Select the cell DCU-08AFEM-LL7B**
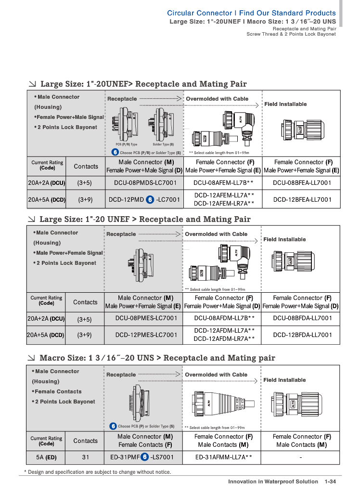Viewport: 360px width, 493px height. [x=223, y=182]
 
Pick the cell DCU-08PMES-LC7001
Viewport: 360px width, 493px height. [x=146, y=318]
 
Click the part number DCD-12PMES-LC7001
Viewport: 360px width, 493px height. [x=146, y=335]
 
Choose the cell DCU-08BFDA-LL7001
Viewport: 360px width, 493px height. [x=302, y=318]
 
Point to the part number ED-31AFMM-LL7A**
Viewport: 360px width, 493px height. [x=223, y=457]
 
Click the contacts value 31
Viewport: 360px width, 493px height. [x=86, y=457]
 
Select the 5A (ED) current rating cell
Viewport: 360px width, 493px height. [x=46, y=457]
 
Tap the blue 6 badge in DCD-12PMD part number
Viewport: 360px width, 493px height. [x=150, y=199]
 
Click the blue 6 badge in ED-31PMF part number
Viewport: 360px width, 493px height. [x=144, y=457]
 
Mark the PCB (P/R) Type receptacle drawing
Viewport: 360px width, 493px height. [x=125, y=125]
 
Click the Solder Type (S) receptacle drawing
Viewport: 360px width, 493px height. [x=162, y=125]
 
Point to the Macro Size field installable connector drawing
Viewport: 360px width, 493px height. [x=296, y=404]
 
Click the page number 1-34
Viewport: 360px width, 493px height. [x=330, y=481]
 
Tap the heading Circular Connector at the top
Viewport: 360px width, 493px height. [x=199, y=13]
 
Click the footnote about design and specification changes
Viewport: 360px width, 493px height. [x=98, y=472]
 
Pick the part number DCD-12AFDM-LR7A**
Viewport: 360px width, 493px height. [x=224, y=338]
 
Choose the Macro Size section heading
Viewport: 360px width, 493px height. [x=157, y=358]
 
